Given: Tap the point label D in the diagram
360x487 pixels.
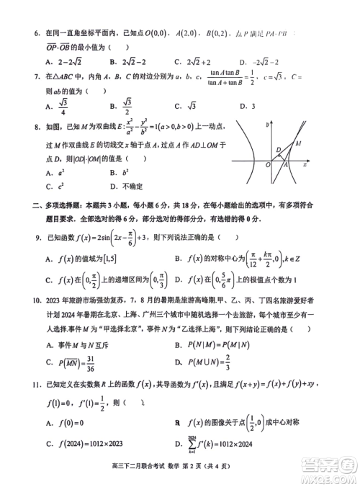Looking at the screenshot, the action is click(278, 150).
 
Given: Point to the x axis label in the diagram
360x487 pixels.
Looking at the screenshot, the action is click(305, 164).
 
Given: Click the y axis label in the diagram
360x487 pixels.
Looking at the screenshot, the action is click(266, 124).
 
